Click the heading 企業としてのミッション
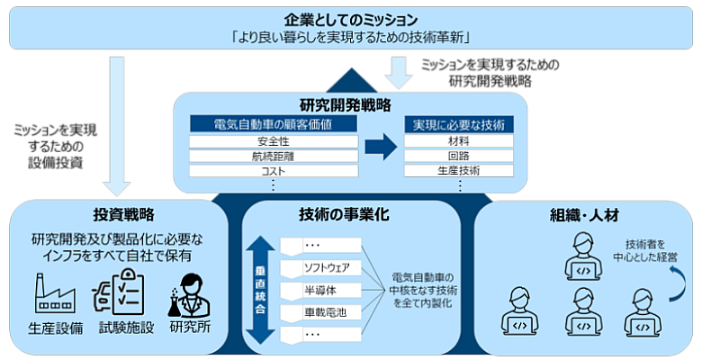(x=351, y=19)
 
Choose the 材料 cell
(x=458, y=141)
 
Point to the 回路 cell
(x=458, y=156)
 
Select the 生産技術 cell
(x=458, y=170)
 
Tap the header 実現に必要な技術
(x=458, y=124)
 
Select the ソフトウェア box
(x=320, y=266)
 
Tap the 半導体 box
(x=320, y=290)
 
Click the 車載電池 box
(x=320, y=312)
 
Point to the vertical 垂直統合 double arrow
(x=258, y=290)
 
